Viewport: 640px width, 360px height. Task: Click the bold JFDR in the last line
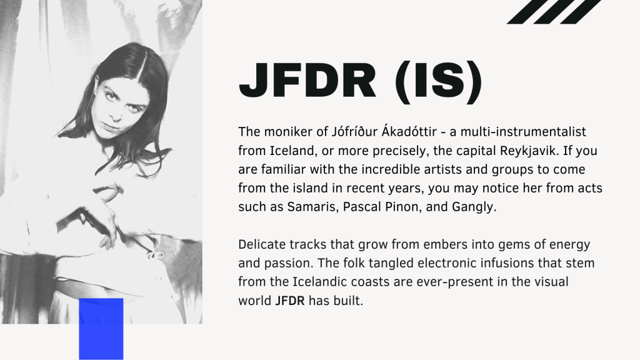290,301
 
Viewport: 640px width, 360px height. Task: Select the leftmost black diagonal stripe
524,12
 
